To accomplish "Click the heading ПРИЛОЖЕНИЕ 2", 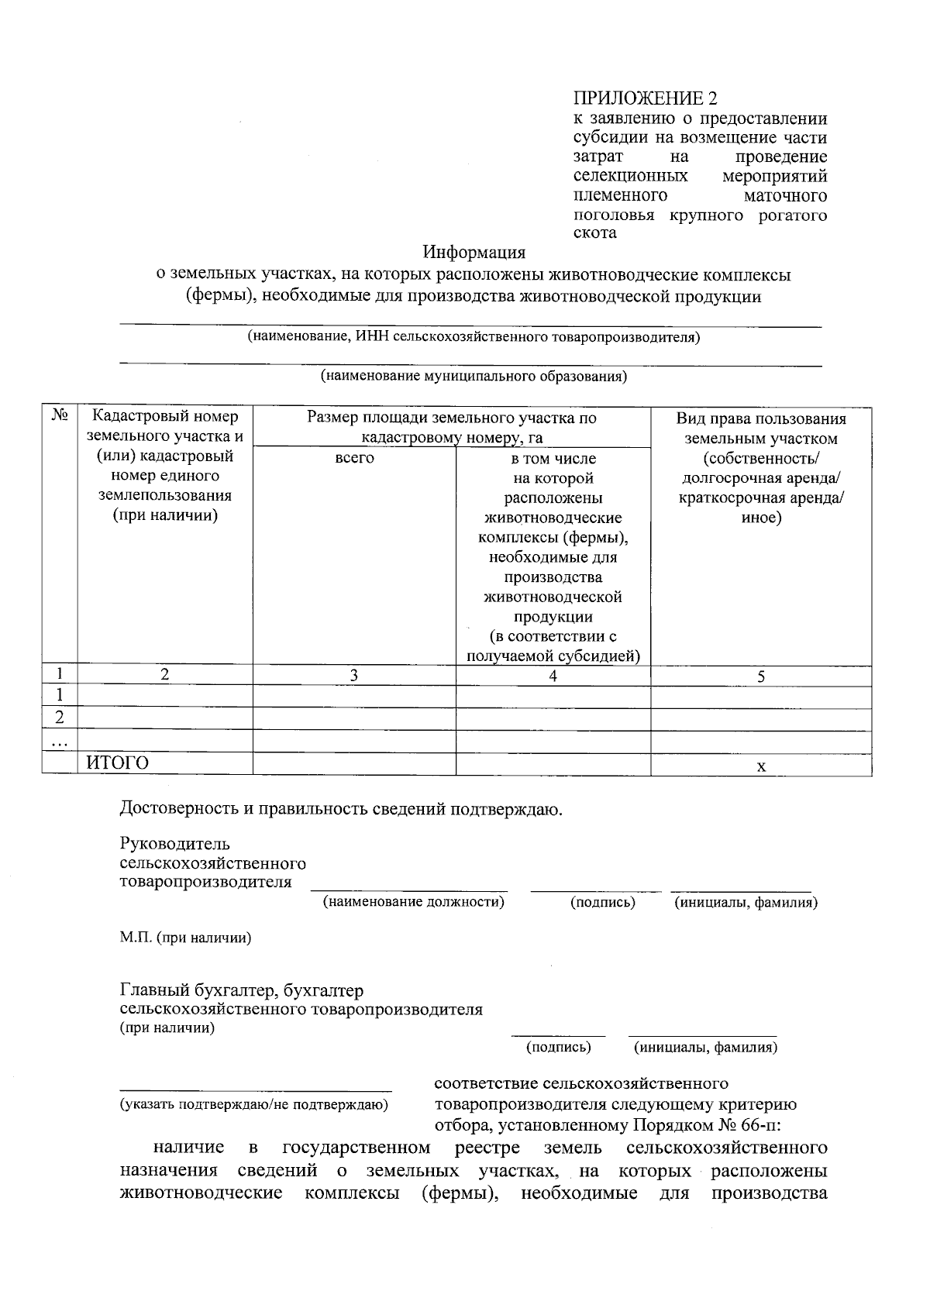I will pyautogui.click(x=645, y=99).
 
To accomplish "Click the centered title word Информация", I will pyautogui.click(x=474, y=253).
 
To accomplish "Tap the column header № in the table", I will pyautogui.click(x=60, y=416).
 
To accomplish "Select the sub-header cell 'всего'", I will pyautogui.click(x=354, y=459).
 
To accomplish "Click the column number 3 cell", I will pyautogui.click(x=353, y=676).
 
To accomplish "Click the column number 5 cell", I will pyautogui.click(x=760, y=676).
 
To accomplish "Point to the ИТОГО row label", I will pyautogui.click(x=117, y=763).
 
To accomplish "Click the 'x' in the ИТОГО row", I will pyautogui.click(x=760, y=766).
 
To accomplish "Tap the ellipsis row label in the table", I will pyautogui.click(x=59, y=742).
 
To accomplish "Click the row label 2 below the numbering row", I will pyautogui.click(x=59, y=718).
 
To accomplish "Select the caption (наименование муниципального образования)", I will pyautogui.click(x=474, y=377).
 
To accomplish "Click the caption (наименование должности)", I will pyautogui.click(x=414, y=902).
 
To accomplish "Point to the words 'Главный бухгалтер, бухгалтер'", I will pyautogui.click(x=241, y=991).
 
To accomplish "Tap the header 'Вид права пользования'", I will pyautogui.click(x=760, y=419).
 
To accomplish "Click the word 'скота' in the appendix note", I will pyautogui.click(x=594, y=233).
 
